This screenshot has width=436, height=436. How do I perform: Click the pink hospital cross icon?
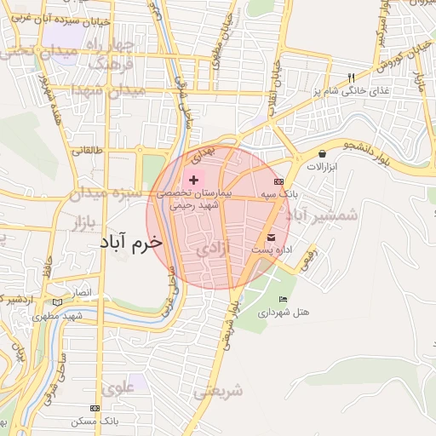pos(194,180)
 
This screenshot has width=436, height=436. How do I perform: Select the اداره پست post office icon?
pos(272,236)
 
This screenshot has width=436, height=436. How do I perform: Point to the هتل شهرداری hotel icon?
pos(283,300)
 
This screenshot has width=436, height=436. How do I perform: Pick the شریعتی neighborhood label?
pos(218,391)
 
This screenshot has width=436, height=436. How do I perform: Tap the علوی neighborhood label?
pos(118,387)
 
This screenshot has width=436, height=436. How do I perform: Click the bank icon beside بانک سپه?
pos(278,182)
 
